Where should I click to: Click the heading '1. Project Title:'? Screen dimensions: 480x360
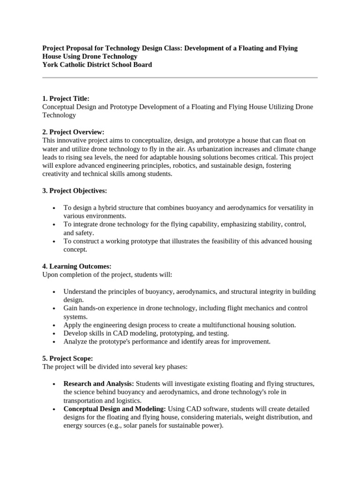tap(66, 98)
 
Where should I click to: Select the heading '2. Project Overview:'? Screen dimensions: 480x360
tap(73, 132)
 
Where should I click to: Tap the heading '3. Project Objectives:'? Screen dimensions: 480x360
tap(75, 191)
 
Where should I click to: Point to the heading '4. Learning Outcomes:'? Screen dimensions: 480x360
tap(77, 266)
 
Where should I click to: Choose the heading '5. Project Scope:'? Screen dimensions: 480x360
tap(67, 359)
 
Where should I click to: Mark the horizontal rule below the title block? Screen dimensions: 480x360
tap(180, 77)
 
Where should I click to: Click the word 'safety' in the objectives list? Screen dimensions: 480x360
tap(85, 233)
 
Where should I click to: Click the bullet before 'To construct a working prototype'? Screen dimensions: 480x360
tap(55, 242)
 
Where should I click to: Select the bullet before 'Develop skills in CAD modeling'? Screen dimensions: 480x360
tap(55, 334)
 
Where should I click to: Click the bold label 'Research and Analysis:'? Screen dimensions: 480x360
tap(98, 384)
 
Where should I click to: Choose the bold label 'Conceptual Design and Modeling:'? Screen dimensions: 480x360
tap(114, 409)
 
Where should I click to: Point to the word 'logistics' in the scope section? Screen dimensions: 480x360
tap(128, 401)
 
